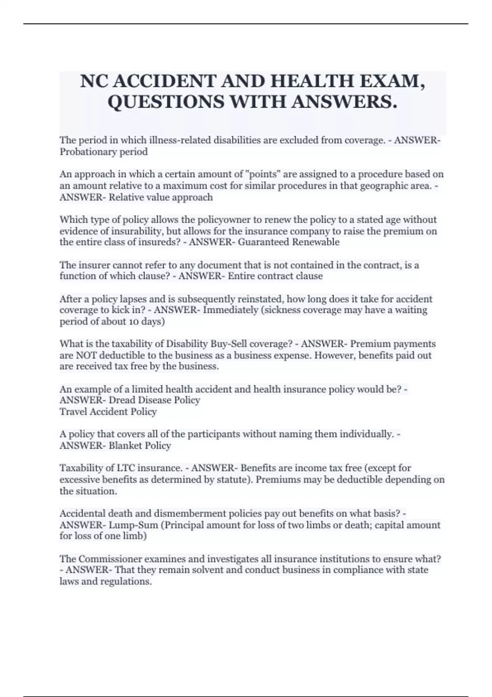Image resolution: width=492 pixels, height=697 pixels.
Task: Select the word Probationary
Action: pos(87,152)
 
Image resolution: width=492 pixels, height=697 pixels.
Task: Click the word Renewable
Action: pos(316,242)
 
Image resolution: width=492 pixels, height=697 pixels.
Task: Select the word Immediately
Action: pos(230,310)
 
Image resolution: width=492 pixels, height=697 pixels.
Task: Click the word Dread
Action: pos(122,400)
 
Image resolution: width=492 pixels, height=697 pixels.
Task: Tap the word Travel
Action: pos(73,412)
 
